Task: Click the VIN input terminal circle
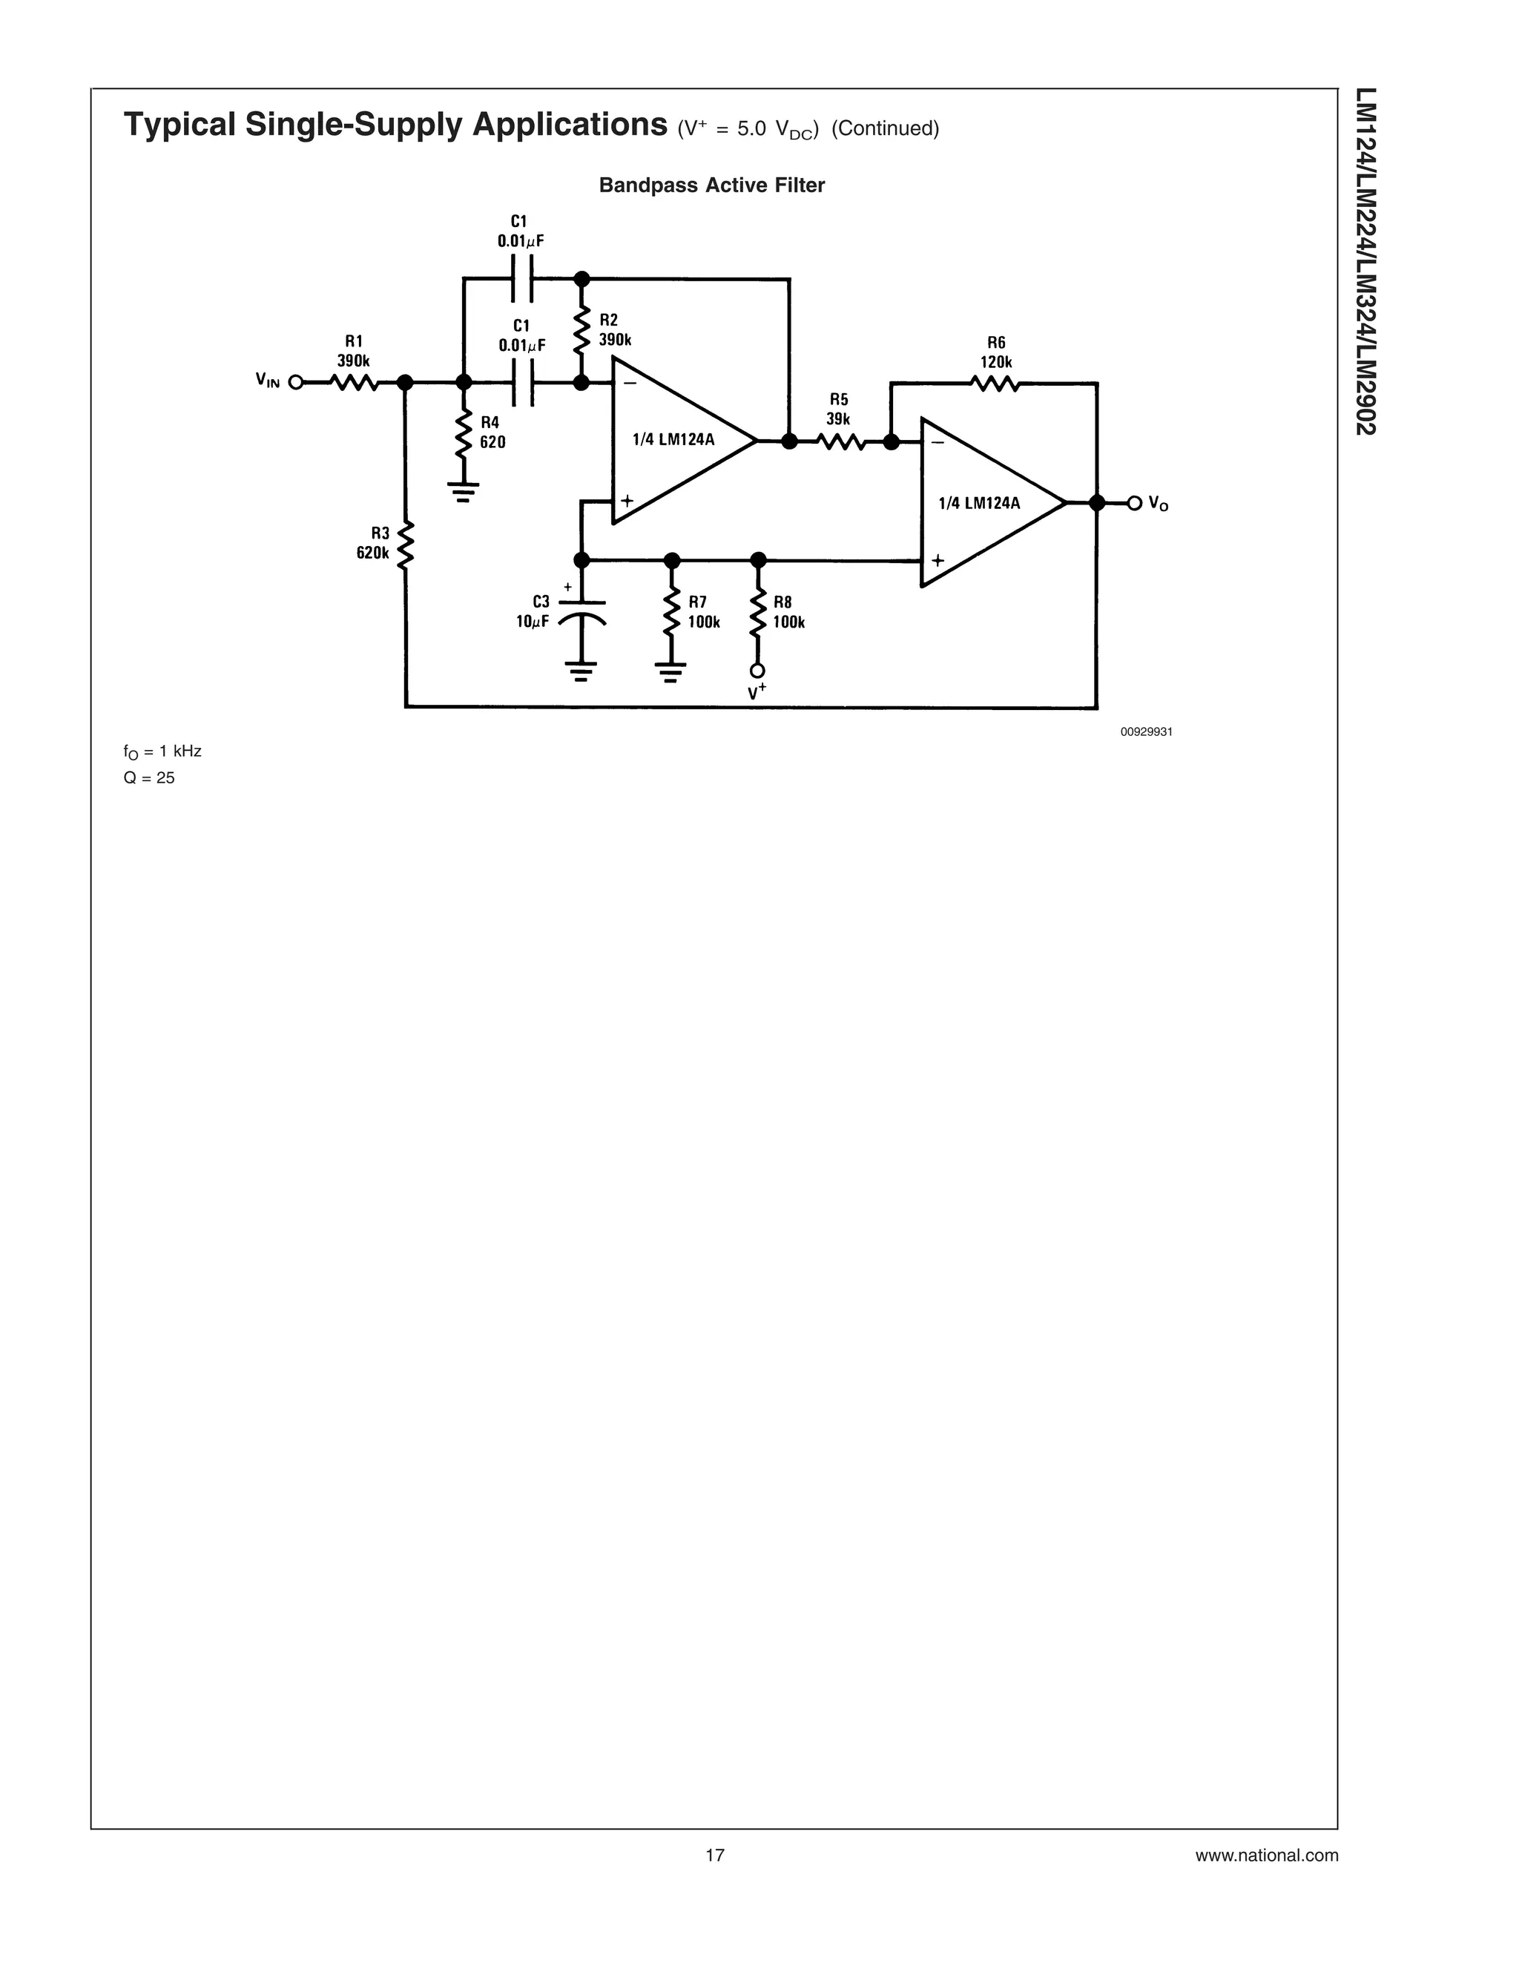point(295,383)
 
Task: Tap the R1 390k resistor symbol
point(354,383)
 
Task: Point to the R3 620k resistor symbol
point(406,544)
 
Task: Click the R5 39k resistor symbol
point(841,441)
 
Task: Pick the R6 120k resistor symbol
point(995,384)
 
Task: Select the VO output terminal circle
point(1135,502)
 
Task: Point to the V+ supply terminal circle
point(758,671)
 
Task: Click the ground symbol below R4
point(464,491)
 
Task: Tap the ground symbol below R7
point(671,671)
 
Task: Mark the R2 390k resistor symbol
point(582,330)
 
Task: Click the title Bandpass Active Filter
point(712,185)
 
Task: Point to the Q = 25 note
point(149,777)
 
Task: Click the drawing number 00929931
point(1145,732)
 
